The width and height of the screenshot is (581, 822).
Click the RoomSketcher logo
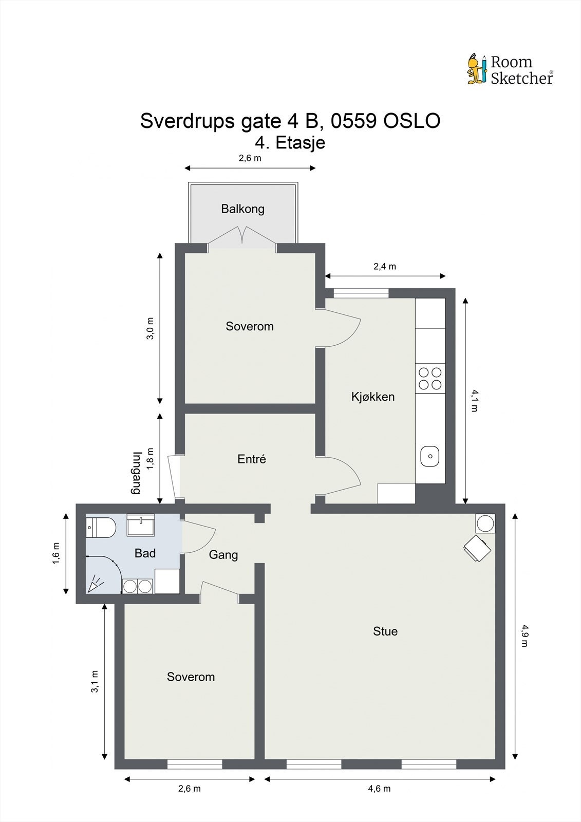pyautogui.click(x=510, y=69)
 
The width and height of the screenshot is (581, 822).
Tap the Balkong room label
pyautogui.click(x=242, y=209)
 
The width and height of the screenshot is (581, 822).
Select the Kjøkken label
pyautogui.click(x=373, y=397)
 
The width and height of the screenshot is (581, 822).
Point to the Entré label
pyautogui.click(x=252, y=459)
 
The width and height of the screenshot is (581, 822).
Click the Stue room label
pyautogui.click(x=385, y=631)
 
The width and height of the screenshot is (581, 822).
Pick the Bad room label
pyautogui.click(x=145, y=553)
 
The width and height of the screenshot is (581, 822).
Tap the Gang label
pyautogui.click(x=223, y=555)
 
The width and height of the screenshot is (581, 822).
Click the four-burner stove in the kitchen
pyautogui.click(x=430, y=378)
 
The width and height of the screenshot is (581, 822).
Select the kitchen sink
pyautogui.click(x=430, y=456)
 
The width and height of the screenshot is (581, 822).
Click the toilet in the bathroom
pyautogui.click(x=101, y=528)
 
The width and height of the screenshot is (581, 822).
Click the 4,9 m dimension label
pyautogui.click(x=524, y=635)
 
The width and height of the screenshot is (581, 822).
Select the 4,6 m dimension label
pyautogui.click(x=379, y=788)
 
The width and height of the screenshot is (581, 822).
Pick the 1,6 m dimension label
pyautogui.click(x=56, y=553)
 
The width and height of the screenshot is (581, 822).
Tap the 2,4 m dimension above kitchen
pyautogui.click(x=385, y=267)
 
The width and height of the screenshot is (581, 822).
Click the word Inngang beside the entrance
pyautogui.click(x=137, y=473)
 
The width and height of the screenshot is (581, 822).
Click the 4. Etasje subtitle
pyautogui.click(x=290, y=143)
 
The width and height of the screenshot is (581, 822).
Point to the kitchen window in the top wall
pyautogui.click(x=361, y=293)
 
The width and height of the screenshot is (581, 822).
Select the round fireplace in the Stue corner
pyautogui.click(x=485, y=524)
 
